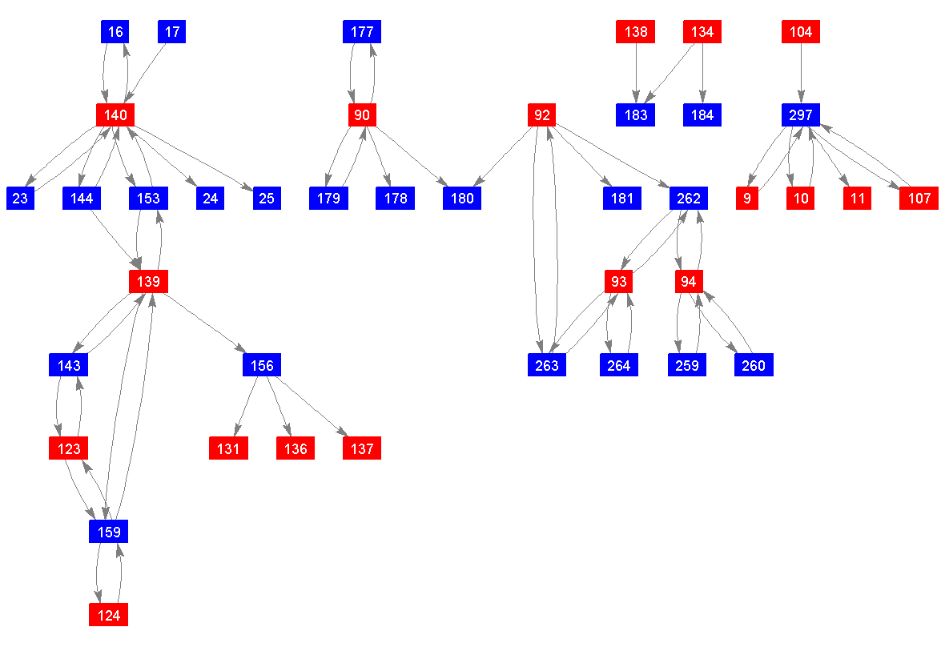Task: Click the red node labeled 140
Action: [115, 115]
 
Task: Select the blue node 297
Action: [801, 115]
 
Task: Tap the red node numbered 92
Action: [542, 115]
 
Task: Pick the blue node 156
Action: [262, 365]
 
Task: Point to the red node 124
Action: [109, 615]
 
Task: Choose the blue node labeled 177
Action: [362, 32]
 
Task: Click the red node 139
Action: [149, 282]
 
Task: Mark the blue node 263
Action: [548, 365]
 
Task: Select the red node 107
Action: [919, 199]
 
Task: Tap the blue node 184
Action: [702, 115]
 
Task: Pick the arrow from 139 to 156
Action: [205, 323]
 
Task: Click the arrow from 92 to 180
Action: [502, 157]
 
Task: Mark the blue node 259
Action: [687, 365]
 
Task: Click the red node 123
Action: [69, 448]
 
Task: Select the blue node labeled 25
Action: [267, 199]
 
